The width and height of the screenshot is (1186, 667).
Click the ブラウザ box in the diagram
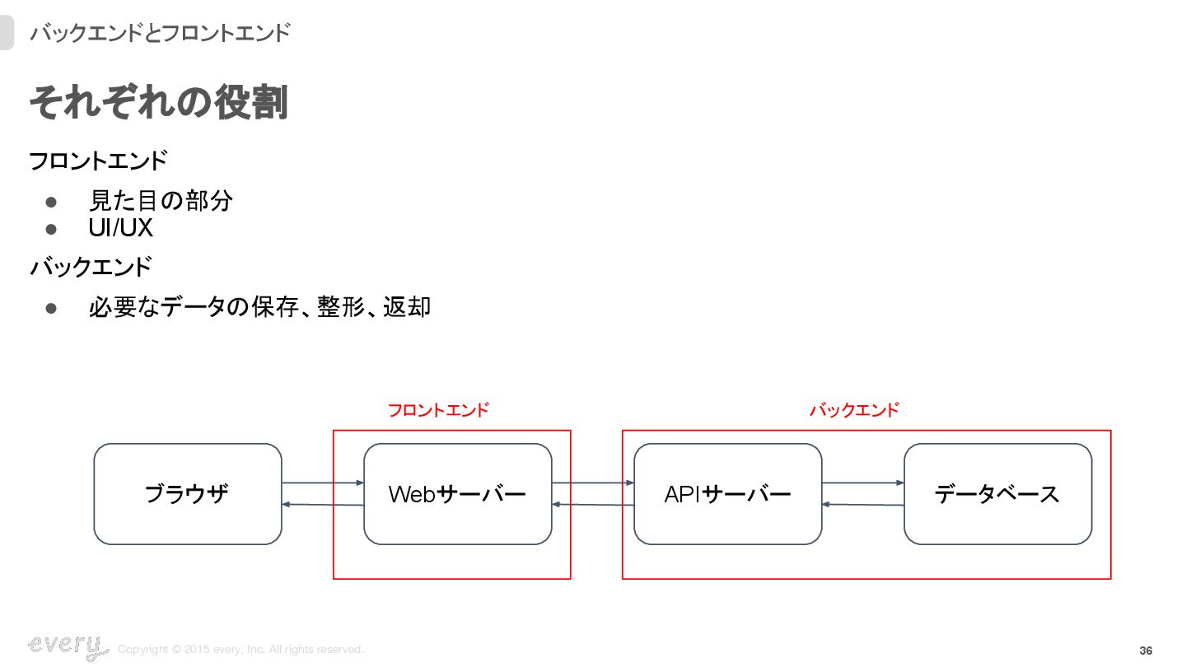click(x=188, y=494)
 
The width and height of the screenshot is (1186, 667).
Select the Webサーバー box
click(x=458, y=494)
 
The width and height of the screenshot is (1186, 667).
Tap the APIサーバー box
click(x=728, y=494)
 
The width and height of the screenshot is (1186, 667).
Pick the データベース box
click(x=998, y=494)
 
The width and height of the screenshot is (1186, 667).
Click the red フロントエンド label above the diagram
click(x=438, y=410)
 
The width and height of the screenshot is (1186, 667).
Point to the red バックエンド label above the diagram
click(x=854, y=410)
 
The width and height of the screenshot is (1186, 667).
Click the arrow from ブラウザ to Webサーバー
click(x=323, y=483)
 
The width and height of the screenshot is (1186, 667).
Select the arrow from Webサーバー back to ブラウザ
click(x=323, y=505)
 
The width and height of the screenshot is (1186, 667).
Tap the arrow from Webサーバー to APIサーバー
click(x=593, y=483)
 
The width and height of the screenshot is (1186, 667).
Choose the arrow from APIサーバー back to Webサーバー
click(x=593, y=505)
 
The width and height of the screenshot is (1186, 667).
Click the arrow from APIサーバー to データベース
click(x=863, y=483)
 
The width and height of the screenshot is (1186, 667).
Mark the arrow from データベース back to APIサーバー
click(x=863, y=505)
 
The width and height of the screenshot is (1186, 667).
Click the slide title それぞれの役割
click(x=159, y=104)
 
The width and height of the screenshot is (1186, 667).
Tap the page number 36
click(x=1146, y=651)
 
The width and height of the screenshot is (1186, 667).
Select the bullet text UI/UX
click(x=121, y=227)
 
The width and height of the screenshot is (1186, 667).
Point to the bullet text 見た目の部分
click(x=161, y=200)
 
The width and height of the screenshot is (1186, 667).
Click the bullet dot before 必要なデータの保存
click(x=51, y=308)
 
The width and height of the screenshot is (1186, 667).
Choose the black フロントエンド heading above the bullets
click(x=98, y=161)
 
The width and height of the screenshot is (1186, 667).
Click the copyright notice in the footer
click(x=240, y=650)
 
